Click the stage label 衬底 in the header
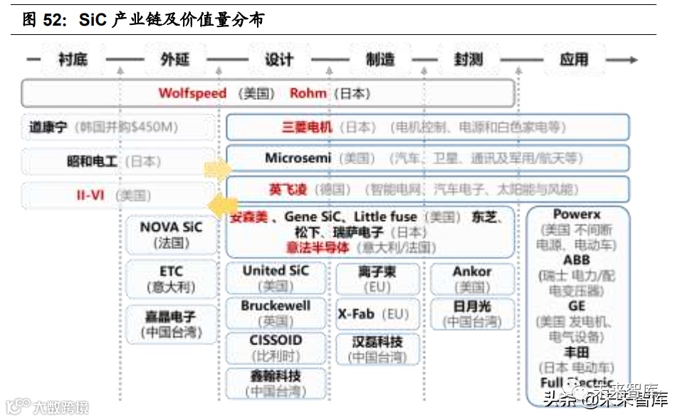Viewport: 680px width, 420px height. [73, 59]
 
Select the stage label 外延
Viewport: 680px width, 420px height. [174, 59]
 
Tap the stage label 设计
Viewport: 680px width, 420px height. [279, 59]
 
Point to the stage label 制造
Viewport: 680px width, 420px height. [380, 59]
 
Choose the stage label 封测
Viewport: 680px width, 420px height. [469, 59]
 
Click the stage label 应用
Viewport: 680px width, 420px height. [573, 59]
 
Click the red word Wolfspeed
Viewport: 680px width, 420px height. [192, 93]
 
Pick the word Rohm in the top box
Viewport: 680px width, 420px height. [308, 93]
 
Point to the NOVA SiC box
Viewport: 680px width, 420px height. [171, 235]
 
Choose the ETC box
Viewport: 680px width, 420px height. [171, 279]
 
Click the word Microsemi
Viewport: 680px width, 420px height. [298, 158]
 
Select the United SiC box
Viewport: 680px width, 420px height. [276, 278]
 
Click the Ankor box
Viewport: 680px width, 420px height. [472, 278]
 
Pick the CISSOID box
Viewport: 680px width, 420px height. [276, 347]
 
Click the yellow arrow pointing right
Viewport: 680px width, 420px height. [216, 170]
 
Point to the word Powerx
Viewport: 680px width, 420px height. [577, 215]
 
